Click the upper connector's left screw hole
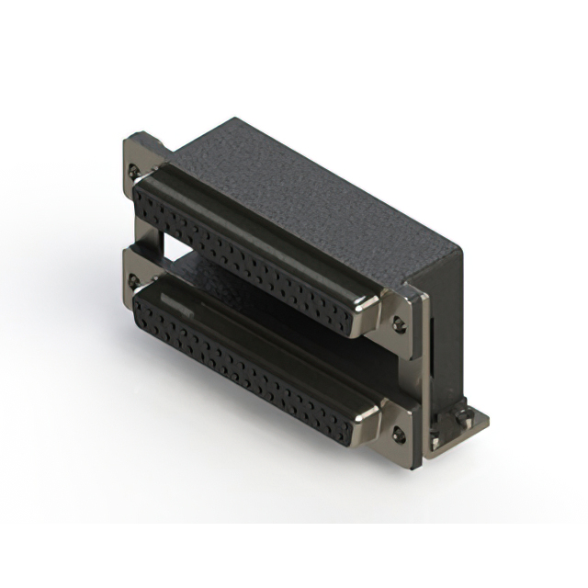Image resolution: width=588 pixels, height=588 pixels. coord(137,171)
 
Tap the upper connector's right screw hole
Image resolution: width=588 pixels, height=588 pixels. coord(398,322)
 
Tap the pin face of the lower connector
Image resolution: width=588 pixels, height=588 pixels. coord(248,363)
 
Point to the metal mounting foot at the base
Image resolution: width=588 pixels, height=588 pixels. coord(459,424)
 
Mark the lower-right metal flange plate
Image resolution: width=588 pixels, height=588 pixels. coord(401,423)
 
